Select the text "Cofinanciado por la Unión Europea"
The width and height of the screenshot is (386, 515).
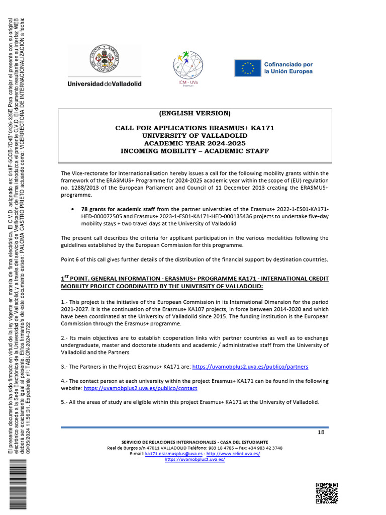(288, 68)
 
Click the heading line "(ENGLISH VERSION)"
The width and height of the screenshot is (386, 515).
(195, 113)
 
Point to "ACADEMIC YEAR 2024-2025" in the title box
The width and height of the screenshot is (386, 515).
(195, 143)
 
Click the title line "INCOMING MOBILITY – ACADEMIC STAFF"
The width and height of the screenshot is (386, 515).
(195, 151)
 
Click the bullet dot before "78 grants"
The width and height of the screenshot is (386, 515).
(73, 209)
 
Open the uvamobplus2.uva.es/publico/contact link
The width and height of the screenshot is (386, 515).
(140, 388)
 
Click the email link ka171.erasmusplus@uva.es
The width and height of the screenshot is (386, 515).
(174, 454)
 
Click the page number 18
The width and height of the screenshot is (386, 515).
(321, 433)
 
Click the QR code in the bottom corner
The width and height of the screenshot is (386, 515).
(326, 492)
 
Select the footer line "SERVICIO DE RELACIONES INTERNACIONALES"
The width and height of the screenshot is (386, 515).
(195, 442)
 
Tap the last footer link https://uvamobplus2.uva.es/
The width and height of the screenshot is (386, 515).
(195, 460)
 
